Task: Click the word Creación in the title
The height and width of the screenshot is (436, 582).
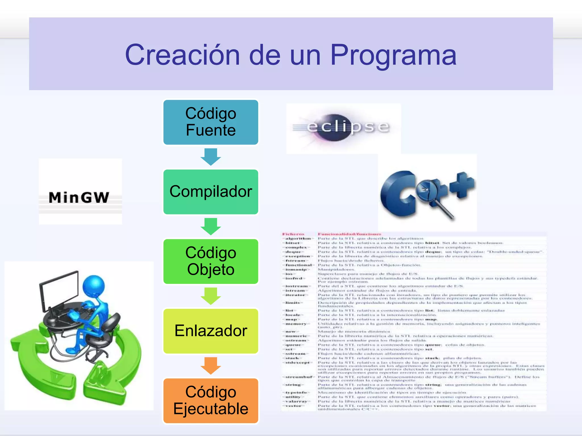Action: coord(182,55)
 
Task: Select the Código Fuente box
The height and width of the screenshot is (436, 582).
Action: coord(211,122)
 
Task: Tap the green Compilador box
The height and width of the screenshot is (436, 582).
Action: coord(211,192)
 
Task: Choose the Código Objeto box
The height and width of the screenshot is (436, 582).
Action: coord(211,261)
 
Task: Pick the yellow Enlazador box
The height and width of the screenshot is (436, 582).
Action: coord(211,331)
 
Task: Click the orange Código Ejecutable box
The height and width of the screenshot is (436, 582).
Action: coord(211,401)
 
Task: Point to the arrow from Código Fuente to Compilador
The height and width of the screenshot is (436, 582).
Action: coord(211,157)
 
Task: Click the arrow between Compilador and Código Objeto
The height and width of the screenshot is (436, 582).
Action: coord(211,226)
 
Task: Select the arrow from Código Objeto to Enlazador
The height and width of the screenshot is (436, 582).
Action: coord(211,296)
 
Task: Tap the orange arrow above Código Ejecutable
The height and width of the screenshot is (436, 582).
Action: coord(211,366)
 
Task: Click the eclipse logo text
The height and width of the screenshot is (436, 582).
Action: coord(348,127)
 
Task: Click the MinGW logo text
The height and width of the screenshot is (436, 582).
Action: coord(79,198)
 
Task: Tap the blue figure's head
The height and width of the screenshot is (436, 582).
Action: coord(93,287)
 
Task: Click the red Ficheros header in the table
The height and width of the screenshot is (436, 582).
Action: coord(293,234)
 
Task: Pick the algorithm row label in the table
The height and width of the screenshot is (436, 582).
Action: coord(298,239)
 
